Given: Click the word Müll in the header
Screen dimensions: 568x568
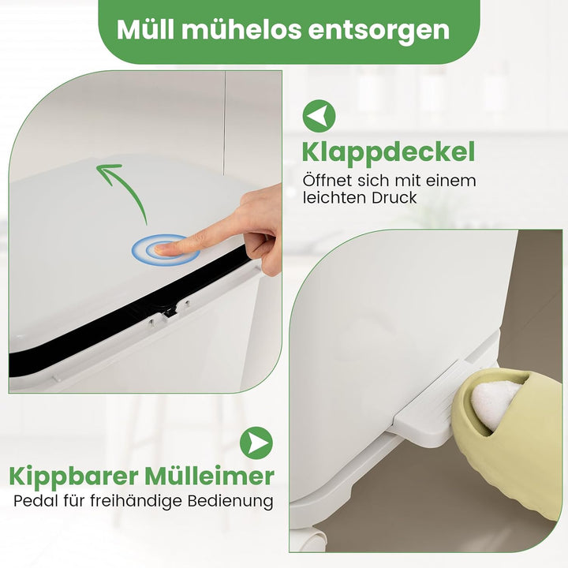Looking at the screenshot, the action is [145, 30].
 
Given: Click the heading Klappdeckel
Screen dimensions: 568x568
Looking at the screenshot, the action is [388, 153].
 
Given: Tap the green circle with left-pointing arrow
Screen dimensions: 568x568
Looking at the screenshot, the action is [319, 116].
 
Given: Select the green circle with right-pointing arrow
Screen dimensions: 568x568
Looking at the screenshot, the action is [256, 443].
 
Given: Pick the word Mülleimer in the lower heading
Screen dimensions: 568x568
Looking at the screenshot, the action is [209, 476].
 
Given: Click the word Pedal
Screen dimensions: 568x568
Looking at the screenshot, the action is [35, 501].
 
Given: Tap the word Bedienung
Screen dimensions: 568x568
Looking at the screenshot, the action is [230, 502].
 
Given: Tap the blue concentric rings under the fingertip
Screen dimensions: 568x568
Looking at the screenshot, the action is [166, 250].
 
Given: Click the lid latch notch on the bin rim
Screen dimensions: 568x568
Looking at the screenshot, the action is [168, 312].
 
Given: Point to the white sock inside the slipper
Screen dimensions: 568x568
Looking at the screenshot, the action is [495, 404].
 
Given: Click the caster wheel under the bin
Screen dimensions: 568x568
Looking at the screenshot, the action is [314, 540].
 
